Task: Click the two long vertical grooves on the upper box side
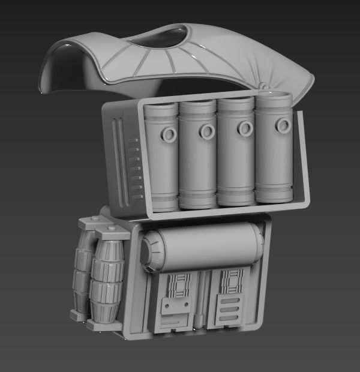[x=120, y=162]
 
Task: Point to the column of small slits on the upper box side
[x=137, y=168]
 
